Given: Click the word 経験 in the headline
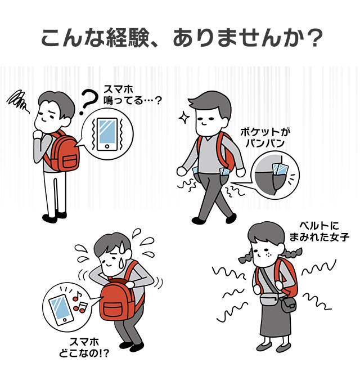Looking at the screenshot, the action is [x=128, y=38].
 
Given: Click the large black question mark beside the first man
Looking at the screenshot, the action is [x=88, y=102].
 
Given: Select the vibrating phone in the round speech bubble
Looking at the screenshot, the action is [x=107, y=135].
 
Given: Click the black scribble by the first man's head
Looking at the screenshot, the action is [x=18, y=101].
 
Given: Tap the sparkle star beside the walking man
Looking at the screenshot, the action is [x=184, y=118].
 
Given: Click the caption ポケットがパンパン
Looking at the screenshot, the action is [x=265, y=137].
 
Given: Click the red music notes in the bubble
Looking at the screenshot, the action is [x=80, y=303].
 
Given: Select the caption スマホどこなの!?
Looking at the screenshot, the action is [x=84, y=347].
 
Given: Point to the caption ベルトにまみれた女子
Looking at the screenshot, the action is [x=319, y=231].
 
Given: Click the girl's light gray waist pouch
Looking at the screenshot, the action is [x=269, y=298].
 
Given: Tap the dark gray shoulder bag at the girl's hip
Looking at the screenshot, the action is [x=289, y=304].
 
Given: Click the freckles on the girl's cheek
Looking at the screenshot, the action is [x=268, y=254].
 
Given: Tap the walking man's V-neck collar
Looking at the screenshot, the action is [x=208, y=139].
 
